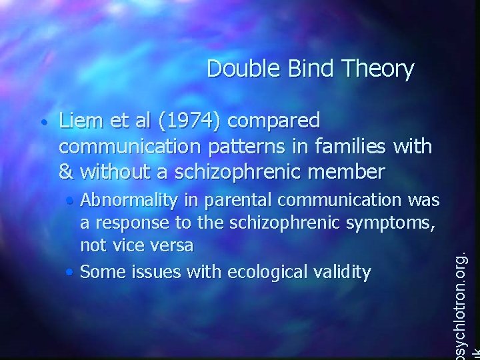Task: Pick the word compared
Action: (x=279, y=122)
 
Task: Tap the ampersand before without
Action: (x=67, y=172)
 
